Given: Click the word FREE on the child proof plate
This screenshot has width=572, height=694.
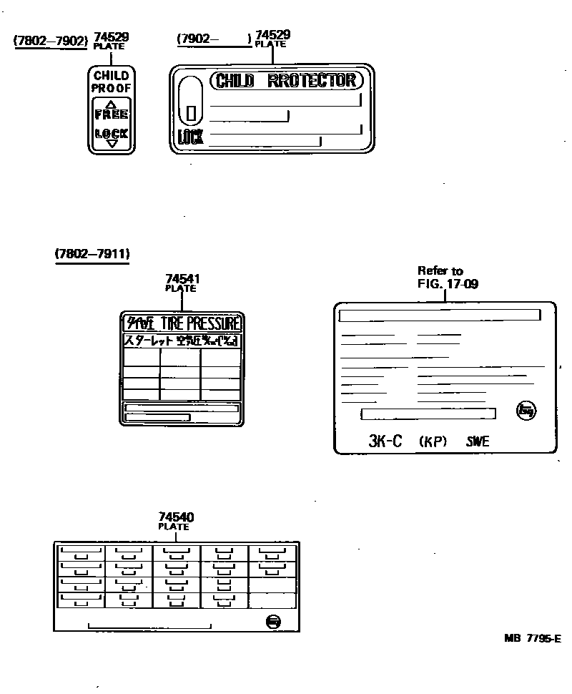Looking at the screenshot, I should [x=111, y=114].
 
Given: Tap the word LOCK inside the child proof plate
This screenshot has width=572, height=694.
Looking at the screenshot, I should [x=111, y=133].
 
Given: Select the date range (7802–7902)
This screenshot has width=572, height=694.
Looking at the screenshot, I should [x=50, y=40].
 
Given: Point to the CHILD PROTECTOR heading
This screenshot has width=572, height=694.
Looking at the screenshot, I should [x=286, y=80].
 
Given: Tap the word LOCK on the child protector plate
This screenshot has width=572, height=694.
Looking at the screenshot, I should [x=190, y=137].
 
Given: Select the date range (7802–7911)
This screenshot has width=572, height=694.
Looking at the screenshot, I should [x=92, y=253].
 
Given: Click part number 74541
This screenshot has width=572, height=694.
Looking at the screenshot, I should [x=180, y=279].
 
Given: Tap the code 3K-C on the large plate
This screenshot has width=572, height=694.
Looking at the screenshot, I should [x=385, y=441].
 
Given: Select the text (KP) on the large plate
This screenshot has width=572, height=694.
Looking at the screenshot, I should [x=433, y=441].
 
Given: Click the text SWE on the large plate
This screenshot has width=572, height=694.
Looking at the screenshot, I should [x=478, y=441].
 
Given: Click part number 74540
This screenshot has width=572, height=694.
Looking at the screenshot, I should [x=176, y=517].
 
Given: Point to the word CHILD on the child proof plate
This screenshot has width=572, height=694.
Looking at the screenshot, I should [x=111, y=76].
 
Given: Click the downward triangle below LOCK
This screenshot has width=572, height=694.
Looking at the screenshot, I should [x=111, y=143].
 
